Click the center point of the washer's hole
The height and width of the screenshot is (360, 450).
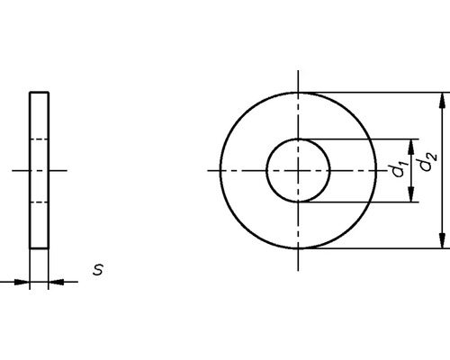[x=298, y=170]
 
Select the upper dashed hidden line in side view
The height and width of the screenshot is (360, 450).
[x=40, y=139]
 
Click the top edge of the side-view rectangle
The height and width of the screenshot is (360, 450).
[x=40, y=92]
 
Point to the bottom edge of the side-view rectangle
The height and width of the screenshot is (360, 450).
[x=40, y=248]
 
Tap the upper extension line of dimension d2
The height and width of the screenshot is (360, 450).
[x=378, y=92]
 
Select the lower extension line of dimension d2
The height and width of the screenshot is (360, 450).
[x=378, y=248]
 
